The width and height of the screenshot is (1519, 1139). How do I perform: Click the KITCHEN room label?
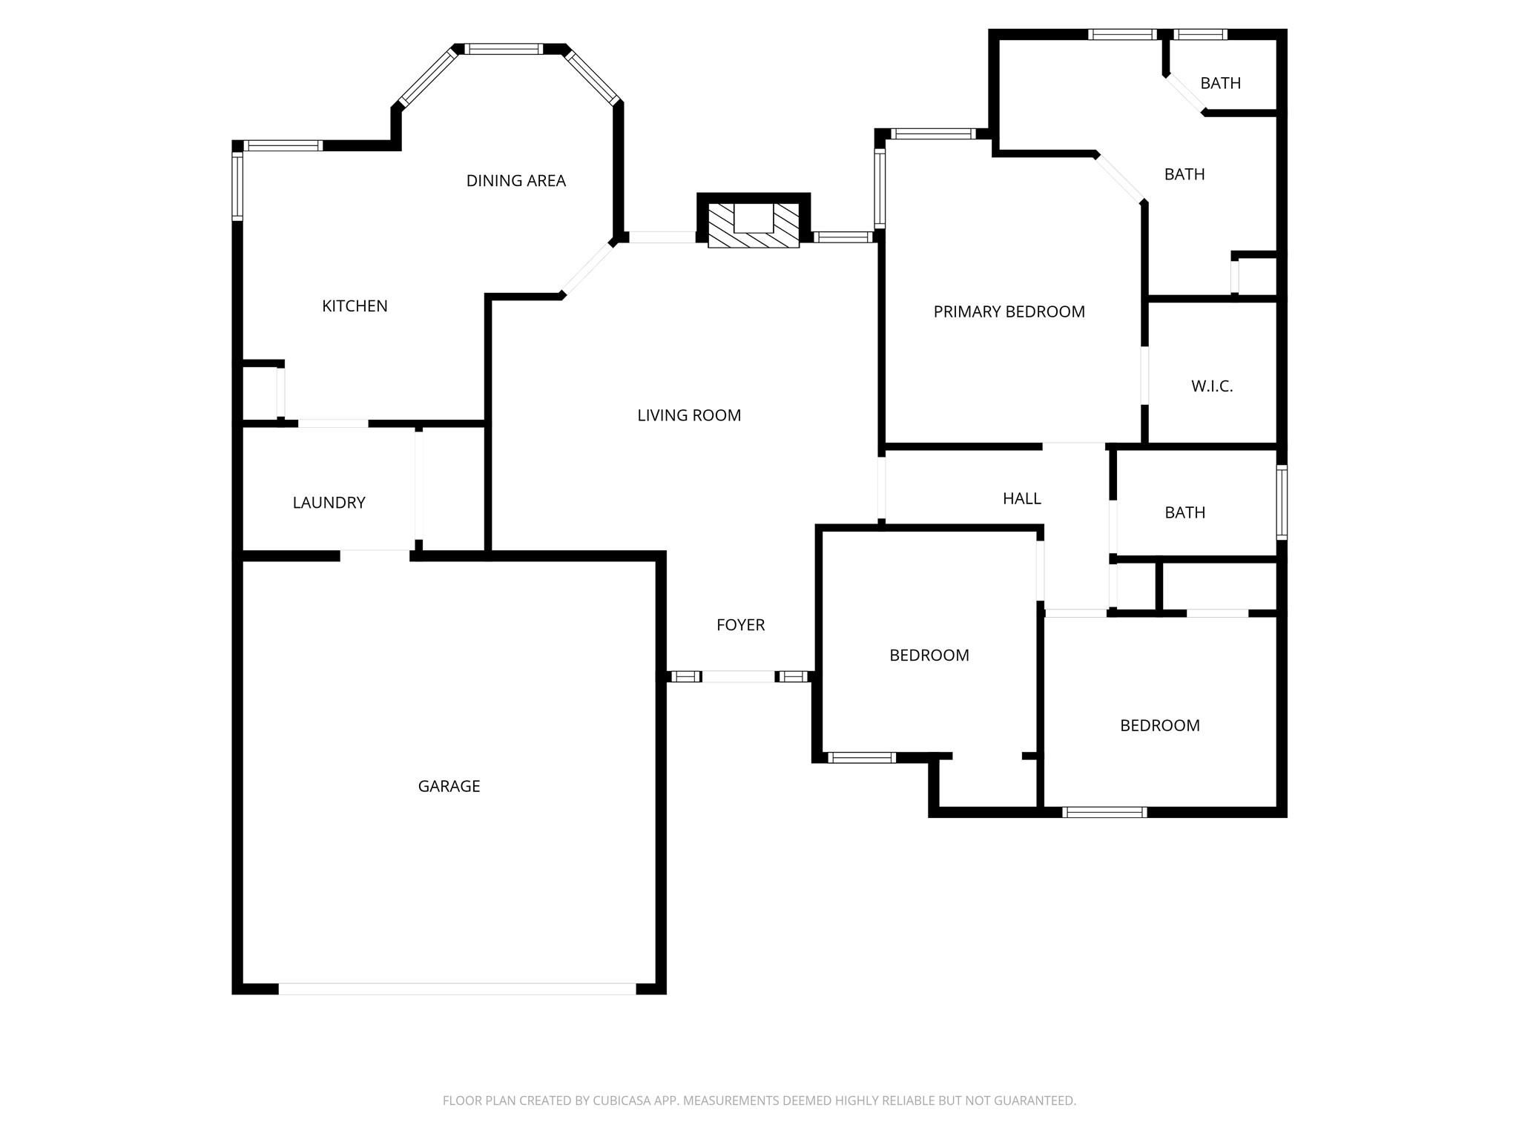pyautogui.click(x=355, y=306)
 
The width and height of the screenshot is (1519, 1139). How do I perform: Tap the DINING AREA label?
pyautogui.click(x=515, y=181)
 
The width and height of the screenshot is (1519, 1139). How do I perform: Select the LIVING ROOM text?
pyautogui.click(x=689, y=415)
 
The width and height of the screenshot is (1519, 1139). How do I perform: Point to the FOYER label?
pyautogui.click(x=740, y=625)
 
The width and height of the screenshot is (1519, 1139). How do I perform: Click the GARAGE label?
pyautogui.click(x=449, y=786)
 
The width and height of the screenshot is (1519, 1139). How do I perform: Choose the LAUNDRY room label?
pyautogui.click(x=329, y=503)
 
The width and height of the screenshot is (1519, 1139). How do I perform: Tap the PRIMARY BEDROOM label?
pyautogui.click(x=1009, y=312)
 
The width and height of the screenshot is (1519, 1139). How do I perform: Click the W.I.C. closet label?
pyautogui.click(x=1211, y=386)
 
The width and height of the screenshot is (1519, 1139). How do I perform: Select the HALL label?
pyautogui.click(x=1021, y=499)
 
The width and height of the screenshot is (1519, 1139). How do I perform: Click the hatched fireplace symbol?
pyautogui.click(x=754, y=225)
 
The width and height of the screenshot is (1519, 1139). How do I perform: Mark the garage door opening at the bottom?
pyautogui.click(x=457, y=988)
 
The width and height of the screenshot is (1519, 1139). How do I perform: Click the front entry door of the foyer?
pyautogui.click(x=739, y=676)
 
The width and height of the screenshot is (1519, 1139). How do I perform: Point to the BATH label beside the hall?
pyautogui.click(x=1184, y=512)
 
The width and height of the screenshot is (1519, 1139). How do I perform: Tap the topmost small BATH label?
pyautogui.click(x=1220, y=83)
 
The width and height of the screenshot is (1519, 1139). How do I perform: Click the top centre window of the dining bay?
pyautogui.click(x=504, y=50)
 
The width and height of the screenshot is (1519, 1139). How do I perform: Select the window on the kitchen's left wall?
pyautogui.click(x=237, y=186)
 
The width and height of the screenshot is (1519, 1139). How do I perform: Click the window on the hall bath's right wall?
pyautogui.click(x=1281, y=502)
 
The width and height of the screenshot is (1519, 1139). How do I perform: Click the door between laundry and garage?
pyautogui.click(x=375, y=555)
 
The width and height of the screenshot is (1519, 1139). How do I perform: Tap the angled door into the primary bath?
pyautogui.click(x=1120, y=177)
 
